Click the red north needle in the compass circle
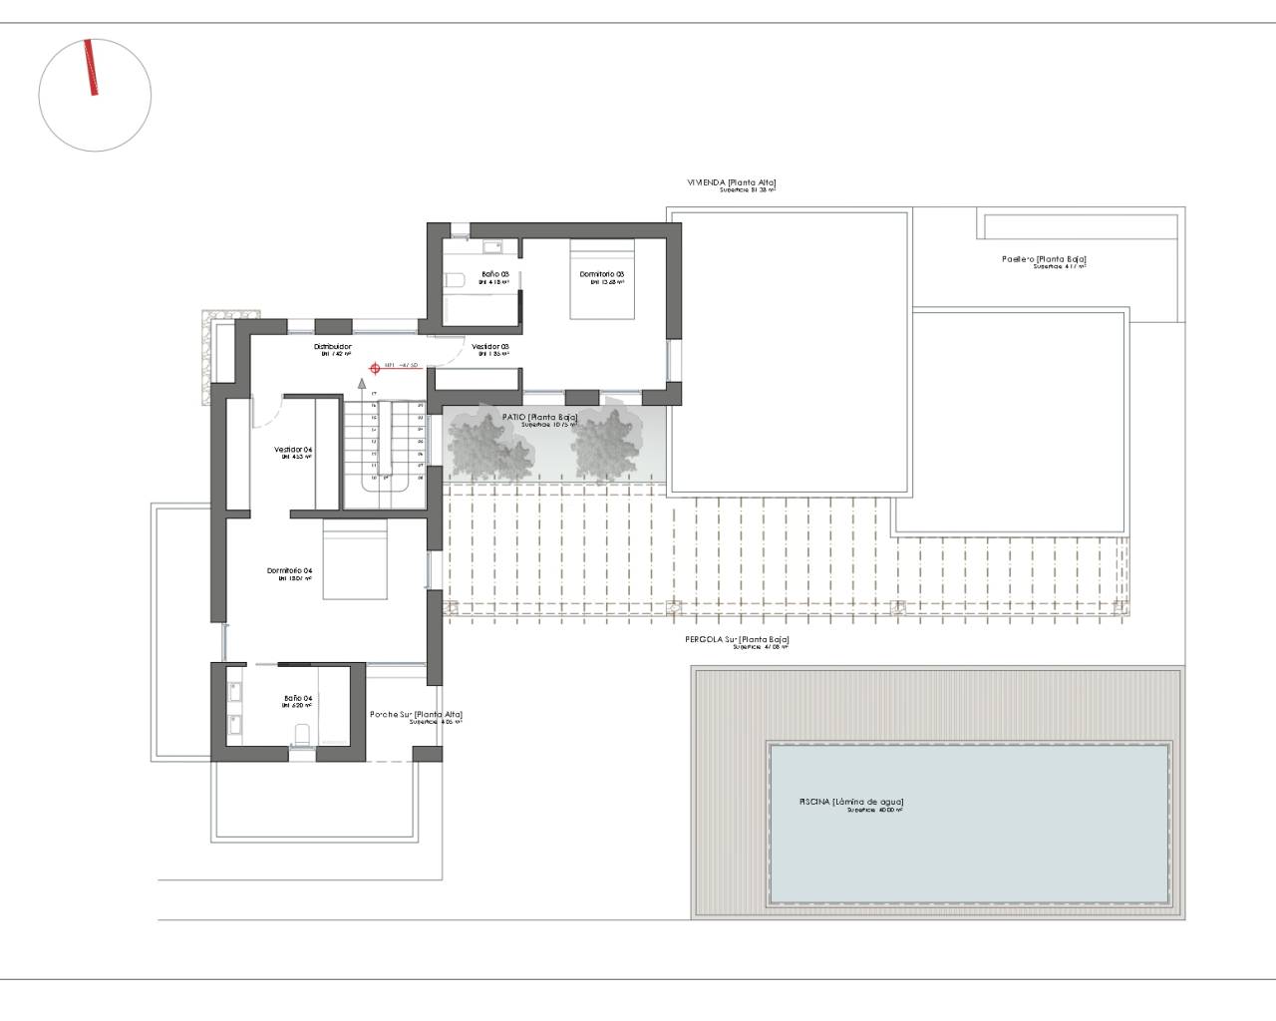[x=92, y=68]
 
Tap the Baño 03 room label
[x=495, y=274]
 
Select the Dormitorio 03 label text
[x=602, y=274]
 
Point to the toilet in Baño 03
[x=455, y=280]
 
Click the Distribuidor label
[x=333, y=347]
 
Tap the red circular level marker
[x=375, y=367]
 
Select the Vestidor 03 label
[x=490, y=347]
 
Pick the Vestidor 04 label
[x=293, y=450]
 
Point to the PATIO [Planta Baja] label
[x=540, y=417]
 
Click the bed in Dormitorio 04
[x=354, y=563]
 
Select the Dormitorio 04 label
[x=290, y=571]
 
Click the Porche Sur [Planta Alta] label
[x=416, y=714]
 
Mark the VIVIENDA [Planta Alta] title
[x=731, y=182]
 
